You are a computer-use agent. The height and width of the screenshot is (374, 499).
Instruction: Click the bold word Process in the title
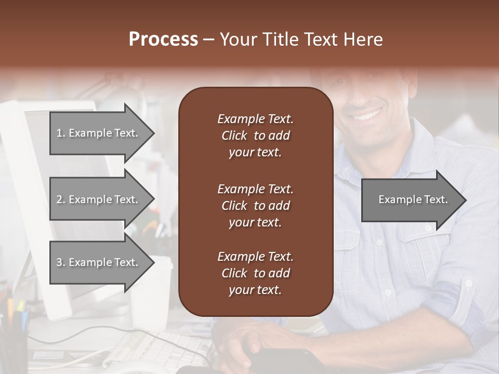tap(163, 39)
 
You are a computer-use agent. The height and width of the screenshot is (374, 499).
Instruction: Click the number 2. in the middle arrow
tap(60, 199)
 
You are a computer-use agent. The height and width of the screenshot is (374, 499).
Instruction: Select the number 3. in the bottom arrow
tap(60, 262)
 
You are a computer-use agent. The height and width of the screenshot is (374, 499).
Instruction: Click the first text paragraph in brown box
tap(255, 136)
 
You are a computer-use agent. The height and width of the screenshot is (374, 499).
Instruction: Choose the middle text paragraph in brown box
tap(255, 206)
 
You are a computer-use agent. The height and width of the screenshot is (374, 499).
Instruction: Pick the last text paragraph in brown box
tap(255, 273)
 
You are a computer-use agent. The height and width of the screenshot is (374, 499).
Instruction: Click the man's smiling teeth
tap(367, 113)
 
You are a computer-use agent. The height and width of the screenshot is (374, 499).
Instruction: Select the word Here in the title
tap(363, 39)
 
